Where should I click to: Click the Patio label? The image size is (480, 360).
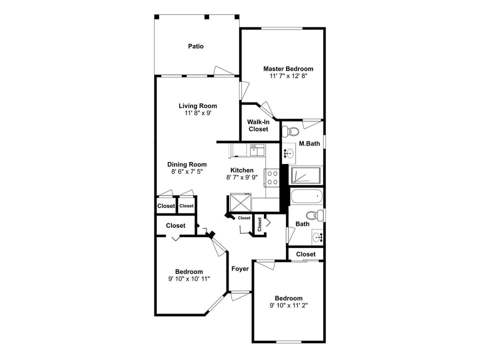pos(195,46)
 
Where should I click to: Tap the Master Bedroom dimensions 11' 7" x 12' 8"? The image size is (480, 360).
pos(288,76)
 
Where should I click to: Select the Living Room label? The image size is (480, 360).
pos(198,105)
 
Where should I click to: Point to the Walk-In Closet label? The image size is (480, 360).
pos(258,125)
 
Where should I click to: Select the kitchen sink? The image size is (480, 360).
pos(257,149)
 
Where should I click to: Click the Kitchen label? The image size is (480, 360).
pos(242,170)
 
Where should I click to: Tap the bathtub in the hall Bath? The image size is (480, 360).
pos(306,196)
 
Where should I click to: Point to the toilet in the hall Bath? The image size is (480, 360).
pos(313,215)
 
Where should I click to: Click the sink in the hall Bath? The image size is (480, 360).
pos(317,236)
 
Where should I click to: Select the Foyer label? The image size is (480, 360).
pos(240,269)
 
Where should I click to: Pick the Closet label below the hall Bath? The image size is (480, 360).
pos(305,254)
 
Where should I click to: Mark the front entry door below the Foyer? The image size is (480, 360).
pos(240,295)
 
